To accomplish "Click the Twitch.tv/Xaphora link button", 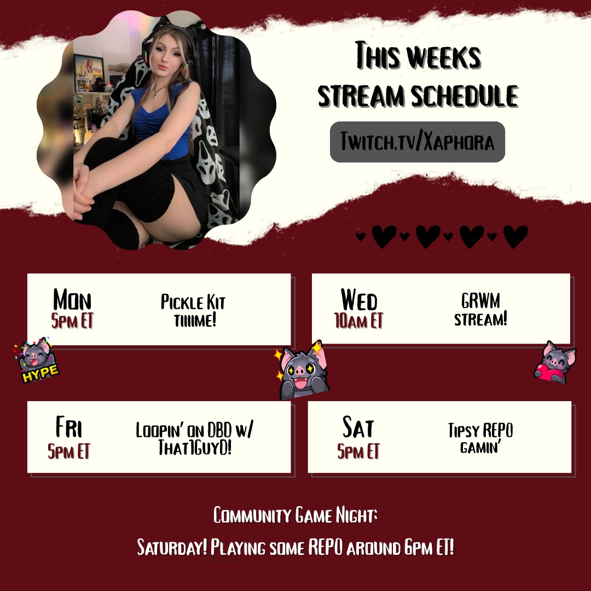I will tap(417, 142).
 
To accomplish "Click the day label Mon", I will tap(72, 300).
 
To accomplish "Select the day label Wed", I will tap(359, 300).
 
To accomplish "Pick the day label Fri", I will tap(69, 427).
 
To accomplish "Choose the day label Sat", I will tap(358, 427).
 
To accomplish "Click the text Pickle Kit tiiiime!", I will tap(193, 310).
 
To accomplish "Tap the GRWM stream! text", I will tap(480, 309).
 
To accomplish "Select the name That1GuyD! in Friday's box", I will tap(194, 448).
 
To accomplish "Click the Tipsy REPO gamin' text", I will tap(480, 438).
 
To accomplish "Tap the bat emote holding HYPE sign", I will tap(37, 361).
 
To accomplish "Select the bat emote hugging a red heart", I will tap(555, 363).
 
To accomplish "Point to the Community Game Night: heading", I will tap(296, 515).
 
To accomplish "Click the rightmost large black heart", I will tap(515, 236).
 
